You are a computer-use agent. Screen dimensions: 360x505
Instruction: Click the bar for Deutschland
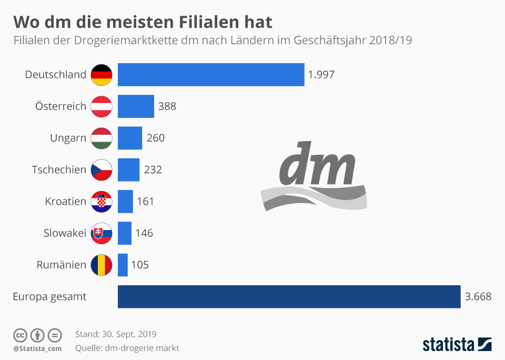pyautogui.click(x=210, y=75)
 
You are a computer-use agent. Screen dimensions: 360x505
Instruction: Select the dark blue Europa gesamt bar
pyautogui.click(x=289, y=296)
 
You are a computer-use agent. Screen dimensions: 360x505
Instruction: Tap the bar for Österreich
pyautogui.click(x=136, y=106)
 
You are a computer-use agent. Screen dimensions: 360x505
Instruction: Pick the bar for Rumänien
pyautogui.click(x=123, y=265)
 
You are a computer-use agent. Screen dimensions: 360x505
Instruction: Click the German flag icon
pyautogui.click(x=102, y=75)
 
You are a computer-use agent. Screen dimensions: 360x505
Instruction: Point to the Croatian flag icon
pyautogui.click(x=102, y=202)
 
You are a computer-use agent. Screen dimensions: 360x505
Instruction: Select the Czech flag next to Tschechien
pyautogui.click(x=102, y=169)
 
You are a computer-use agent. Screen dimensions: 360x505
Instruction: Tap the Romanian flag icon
pyautogui.click(x=102, y=265)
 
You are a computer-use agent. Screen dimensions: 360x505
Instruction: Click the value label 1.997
pyautogui.click(x=321, y=75)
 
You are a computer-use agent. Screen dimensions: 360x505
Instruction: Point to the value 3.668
pyautogui.click(x=478, y=296)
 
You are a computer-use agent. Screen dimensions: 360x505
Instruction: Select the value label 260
pyautogui.click(x=155, y=138)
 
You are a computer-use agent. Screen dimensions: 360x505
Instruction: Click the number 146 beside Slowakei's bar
pyautogui.click(x=144, y=233)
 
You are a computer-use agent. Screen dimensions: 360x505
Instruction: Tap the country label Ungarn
pyautogui.click(x=68, y=138)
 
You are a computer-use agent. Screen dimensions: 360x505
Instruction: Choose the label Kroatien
pyautogui.click(x=65, y=202)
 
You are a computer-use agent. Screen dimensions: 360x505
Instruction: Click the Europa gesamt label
pyautogui.click(x=49, y=297)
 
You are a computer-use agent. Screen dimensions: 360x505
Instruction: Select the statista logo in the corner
pyautogui.click(x=457, y=345)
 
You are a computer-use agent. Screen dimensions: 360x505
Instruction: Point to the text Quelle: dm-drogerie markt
pyautogui.click(x=127, y=348)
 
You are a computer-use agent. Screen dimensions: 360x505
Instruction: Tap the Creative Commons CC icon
pyautogui.click(x=20, y=335)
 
